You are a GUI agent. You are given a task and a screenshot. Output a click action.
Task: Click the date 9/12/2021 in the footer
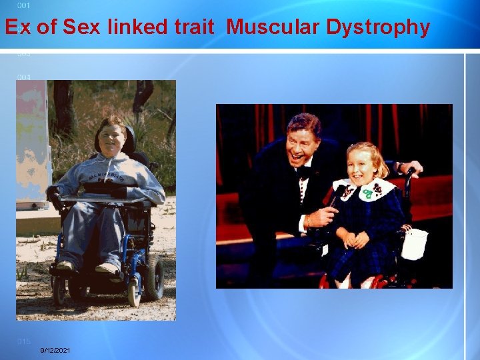(55, 351)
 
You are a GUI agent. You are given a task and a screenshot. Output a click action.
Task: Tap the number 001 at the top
(23, 5)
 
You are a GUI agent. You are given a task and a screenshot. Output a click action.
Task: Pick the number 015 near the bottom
(23, 341)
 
